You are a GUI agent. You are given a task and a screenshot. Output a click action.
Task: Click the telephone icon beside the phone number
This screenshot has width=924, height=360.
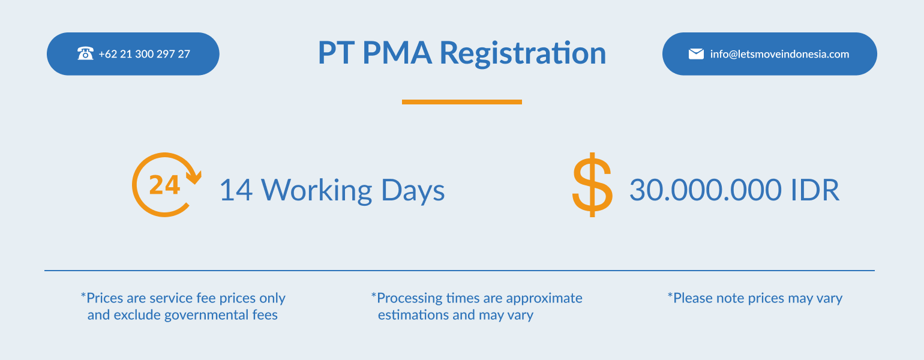coord(85,53)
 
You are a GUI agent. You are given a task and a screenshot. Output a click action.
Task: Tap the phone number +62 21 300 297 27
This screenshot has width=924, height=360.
coord(145,54)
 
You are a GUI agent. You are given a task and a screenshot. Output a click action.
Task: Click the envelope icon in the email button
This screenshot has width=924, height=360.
coord(696,54)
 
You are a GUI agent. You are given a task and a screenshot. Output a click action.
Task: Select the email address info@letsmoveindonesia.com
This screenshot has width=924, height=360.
coord(779,54)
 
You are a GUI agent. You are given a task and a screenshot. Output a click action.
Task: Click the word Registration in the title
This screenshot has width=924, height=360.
coord(523,53)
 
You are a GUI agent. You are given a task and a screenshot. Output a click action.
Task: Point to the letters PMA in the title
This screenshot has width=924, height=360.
coord(397,53)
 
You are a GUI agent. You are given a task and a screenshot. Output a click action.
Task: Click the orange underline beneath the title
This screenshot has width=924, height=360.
coord(462,102)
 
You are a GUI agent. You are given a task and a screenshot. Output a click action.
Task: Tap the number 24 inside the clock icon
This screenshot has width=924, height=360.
coord(164,185)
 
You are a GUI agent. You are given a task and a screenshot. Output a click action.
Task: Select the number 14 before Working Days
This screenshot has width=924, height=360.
coord(236,190)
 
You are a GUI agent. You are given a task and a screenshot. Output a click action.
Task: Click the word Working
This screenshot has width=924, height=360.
coord(317,191)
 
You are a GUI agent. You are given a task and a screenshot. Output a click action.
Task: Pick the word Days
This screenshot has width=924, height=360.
coord(413,191)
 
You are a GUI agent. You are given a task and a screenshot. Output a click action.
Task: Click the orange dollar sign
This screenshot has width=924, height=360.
coord(592,185)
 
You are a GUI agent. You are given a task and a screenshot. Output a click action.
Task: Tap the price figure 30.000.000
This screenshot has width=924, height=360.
coord(706,190)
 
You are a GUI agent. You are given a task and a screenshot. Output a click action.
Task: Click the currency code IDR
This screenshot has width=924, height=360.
coord(815,190)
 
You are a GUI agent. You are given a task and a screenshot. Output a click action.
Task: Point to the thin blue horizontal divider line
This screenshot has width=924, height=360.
coord(460,271)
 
